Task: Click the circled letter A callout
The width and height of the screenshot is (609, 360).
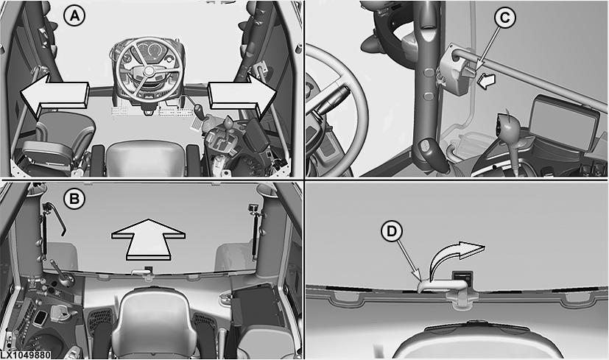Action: click(x=74, y=16)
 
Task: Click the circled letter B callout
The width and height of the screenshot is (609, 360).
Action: click(x=74, y=200)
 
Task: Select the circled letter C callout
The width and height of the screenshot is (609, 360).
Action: click(x=505, y=18)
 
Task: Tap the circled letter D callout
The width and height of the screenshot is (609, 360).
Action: click(x=392, y=231)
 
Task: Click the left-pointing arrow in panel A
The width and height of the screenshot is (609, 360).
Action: click(x=54, y=95)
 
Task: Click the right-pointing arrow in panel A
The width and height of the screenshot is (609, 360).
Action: click(x=242, y=96)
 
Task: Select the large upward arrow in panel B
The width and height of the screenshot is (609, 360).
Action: click(x=148, y=239)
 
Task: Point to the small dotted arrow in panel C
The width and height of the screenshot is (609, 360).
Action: click(x=487, y=80)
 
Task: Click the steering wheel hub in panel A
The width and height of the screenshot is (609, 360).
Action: click(x=147, y=71)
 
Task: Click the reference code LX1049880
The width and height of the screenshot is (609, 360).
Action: click(x=25, y=355)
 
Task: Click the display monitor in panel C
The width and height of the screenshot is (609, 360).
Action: click(x=564, y=121)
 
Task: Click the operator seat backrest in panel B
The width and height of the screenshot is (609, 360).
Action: click(x=155, y=319)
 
